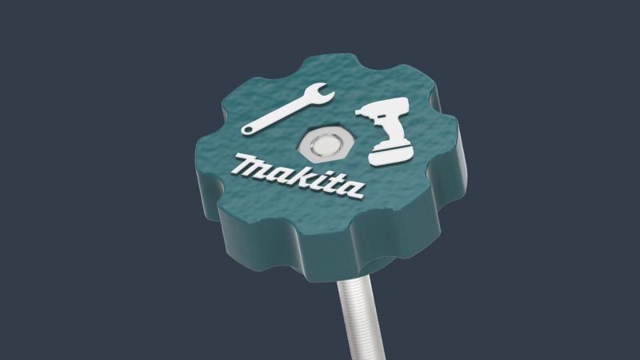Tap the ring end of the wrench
coord(249,129)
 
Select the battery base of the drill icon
coord(392,153)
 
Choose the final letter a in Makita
coord(350,190)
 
